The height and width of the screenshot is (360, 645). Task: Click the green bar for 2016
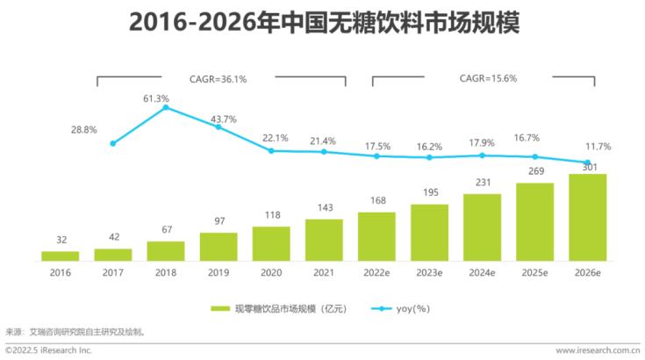point(60,256)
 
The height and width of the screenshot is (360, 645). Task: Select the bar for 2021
point(324,240)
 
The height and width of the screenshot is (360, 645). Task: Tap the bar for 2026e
point(587,217)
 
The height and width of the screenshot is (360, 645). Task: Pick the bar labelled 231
point(482,227)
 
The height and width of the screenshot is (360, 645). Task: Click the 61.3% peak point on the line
point(166,108)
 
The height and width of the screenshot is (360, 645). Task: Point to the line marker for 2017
point(112,143)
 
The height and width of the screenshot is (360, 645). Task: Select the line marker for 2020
point(271,150)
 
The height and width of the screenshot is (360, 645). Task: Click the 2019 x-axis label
point(219,273)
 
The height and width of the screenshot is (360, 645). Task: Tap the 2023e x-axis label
point(429,273)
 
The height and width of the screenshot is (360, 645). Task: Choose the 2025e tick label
point(534,273)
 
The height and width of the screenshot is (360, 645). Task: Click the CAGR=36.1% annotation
point(219,79)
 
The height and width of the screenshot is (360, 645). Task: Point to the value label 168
point(376,200)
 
